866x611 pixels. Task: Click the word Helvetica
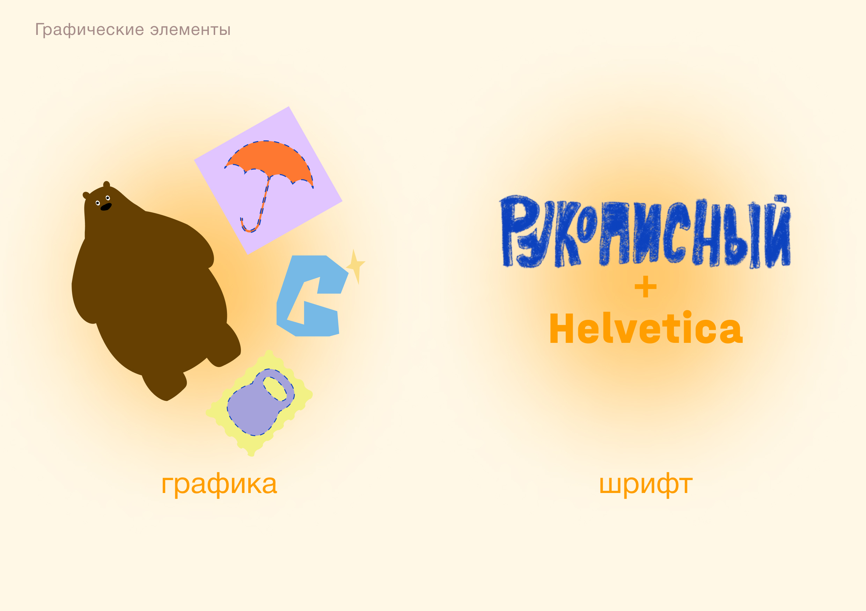pos(646,329)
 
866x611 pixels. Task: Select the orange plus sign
pos(645,287)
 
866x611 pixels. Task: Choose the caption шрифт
pos(646,485)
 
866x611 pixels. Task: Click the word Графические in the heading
pos(89,30)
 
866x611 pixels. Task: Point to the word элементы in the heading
pos(190,30)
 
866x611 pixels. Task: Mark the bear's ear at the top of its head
pos(107,184)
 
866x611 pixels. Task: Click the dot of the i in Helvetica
pos(687,315)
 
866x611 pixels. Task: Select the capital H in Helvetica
pos(562,329)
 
